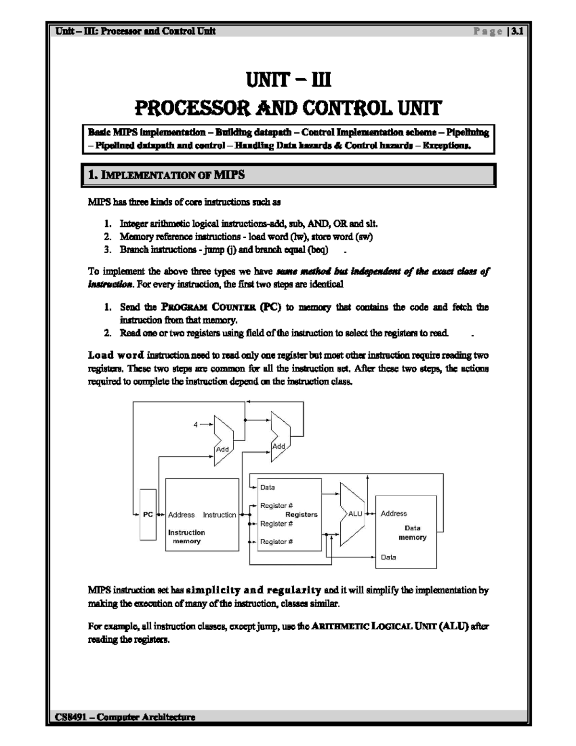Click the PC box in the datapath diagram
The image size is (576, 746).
(x=148, y=514)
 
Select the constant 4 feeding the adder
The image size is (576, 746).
(x=195, y=425)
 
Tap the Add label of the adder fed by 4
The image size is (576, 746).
(x=222, y=449)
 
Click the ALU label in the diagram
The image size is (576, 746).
(x=355, y=514)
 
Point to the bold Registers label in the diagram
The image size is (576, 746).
(x=301, y=514)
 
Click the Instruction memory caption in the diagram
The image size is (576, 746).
(x=186, y=537)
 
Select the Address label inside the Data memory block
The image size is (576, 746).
(x=394, y=514)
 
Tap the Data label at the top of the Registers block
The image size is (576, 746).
(x=267, y=487)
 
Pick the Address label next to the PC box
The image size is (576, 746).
(x=181, y=514)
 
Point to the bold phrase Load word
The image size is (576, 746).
(x=116, y=355)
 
